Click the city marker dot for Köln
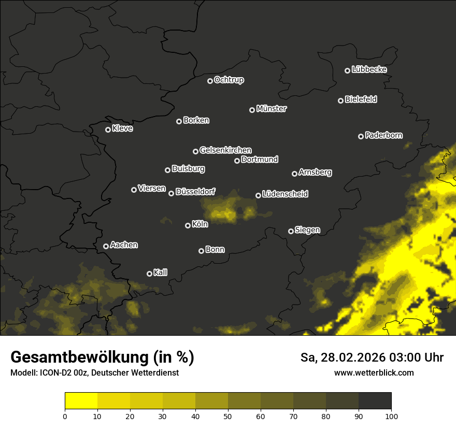(x=188, y=225)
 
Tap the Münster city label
(x=272, y=109)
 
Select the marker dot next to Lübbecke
(x=347, y=70)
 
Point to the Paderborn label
(x=384, y=135)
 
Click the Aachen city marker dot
(x=106, y=246)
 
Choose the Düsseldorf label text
(x=196, y=192)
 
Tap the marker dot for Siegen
(x=291, y=231)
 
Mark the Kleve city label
(x=123, y=128)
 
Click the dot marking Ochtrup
(x=210, y=81)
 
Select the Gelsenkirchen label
(x=226, y=150)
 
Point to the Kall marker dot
(x=149, y=274)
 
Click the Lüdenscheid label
(x=286, y=194)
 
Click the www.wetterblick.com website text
(x=374, y=372)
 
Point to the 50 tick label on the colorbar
(x=228, y=415)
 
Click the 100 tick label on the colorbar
(x=391, y=415)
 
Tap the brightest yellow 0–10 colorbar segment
(x=81, y=401)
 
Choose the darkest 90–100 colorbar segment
(x=375, y=401)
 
